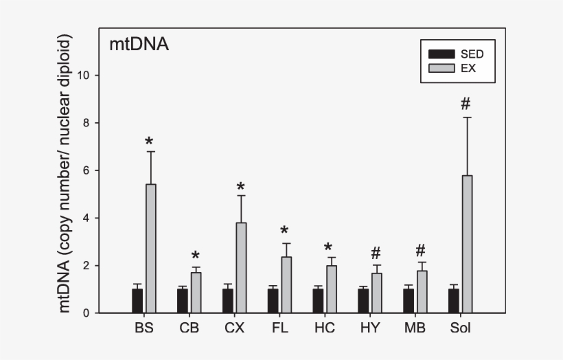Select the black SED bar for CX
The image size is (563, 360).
[x=227, y=301]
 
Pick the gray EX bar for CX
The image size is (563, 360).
[x=241, y=268]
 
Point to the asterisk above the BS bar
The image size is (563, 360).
[x=149, y=142]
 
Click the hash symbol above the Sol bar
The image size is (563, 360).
[x=466, y=104]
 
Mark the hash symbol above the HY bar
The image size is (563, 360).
[x=376, y=253]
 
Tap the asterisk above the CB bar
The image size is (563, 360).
[x=196, y=256]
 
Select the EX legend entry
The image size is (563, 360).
[x=457, y=68]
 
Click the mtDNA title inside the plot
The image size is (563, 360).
[x=139, y=45]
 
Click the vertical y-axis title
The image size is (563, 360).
[x=65, y=175]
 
